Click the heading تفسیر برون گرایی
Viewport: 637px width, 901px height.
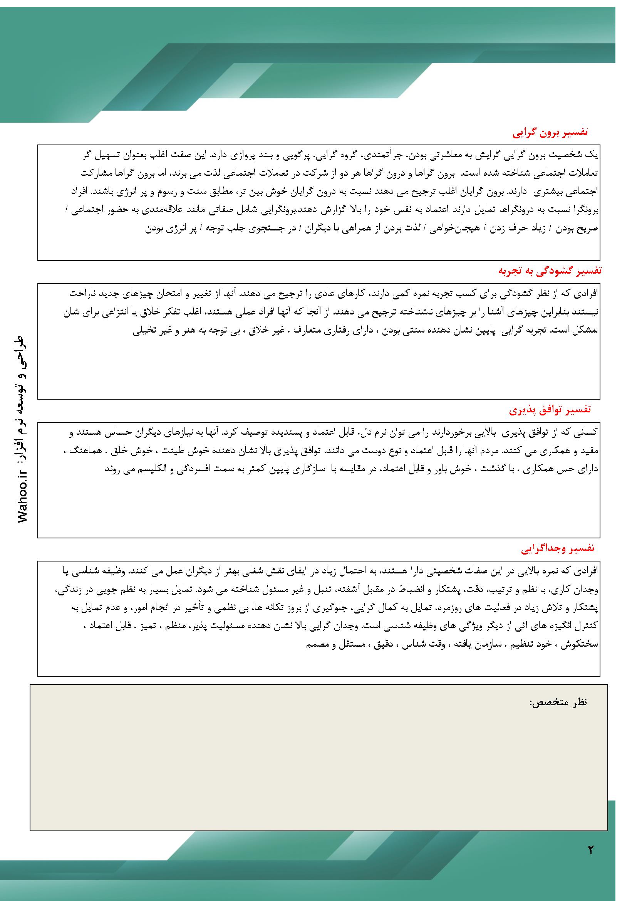point(550,133)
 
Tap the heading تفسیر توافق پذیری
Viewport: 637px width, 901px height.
point(550,410)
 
